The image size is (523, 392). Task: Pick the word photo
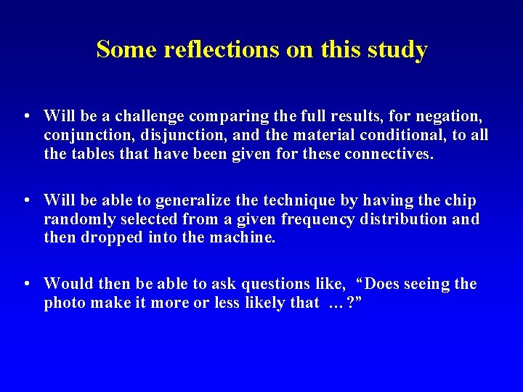click(x=64, y=303)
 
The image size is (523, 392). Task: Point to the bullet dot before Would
click(x=26, y=284)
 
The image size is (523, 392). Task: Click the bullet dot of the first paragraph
click(x=26, y=115)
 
